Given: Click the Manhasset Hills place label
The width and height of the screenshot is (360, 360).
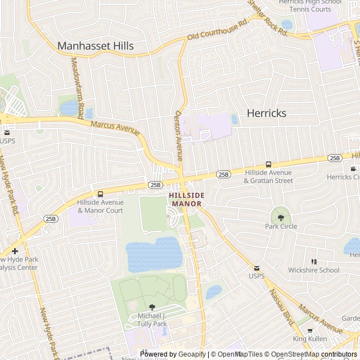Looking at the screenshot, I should point(96,46).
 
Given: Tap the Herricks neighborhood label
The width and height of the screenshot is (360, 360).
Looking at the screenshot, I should point(267,113).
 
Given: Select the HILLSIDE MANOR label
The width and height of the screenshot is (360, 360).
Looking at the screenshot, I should point(187,199).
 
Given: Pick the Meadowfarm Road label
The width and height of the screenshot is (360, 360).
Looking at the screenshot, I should point(77,84).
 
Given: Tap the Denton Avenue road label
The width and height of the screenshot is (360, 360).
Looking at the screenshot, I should point(178,135).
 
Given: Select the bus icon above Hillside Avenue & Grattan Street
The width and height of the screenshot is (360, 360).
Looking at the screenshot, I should point(268,164).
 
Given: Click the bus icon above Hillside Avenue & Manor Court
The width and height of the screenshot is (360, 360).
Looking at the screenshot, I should point(100,194).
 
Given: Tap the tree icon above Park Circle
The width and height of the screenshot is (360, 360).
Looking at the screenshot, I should point(281,218).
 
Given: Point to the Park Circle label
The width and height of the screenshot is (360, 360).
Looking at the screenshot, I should point(281,227).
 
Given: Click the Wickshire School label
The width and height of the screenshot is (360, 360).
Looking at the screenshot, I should point(314,270).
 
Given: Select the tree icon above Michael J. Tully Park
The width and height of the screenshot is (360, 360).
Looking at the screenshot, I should point(152,308).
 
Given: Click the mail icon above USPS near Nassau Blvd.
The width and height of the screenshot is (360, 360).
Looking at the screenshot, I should point(256,268).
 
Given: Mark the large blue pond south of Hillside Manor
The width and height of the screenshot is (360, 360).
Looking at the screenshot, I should point(154,254).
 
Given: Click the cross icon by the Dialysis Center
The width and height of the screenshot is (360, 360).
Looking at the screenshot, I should point(15,251).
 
